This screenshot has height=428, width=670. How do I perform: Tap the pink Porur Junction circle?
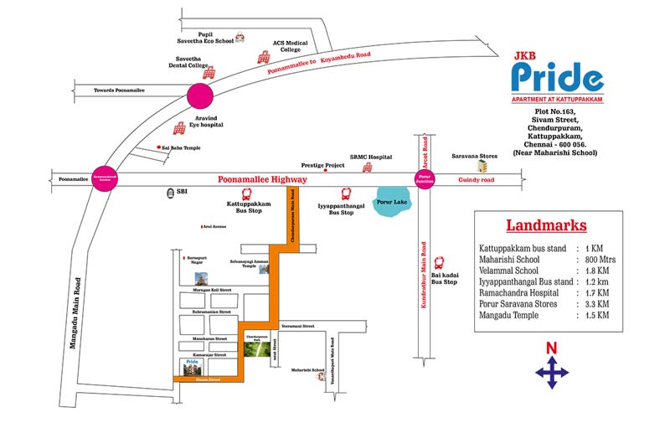[425, 179]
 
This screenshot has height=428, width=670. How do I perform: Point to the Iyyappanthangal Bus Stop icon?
[346, 193]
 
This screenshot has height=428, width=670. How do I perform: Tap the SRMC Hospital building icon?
[366, 168]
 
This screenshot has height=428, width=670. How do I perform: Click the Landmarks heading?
[546, 225]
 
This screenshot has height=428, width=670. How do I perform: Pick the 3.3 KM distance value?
[590, 304]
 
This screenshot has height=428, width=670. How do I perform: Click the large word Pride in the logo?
[557, 78]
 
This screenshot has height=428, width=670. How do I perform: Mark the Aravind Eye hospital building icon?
[179, 127]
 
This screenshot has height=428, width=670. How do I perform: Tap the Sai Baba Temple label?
[181, 148]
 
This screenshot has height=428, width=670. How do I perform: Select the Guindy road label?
[475, 180]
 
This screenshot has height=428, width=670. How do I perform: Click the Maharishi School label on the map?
[307, 369]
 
